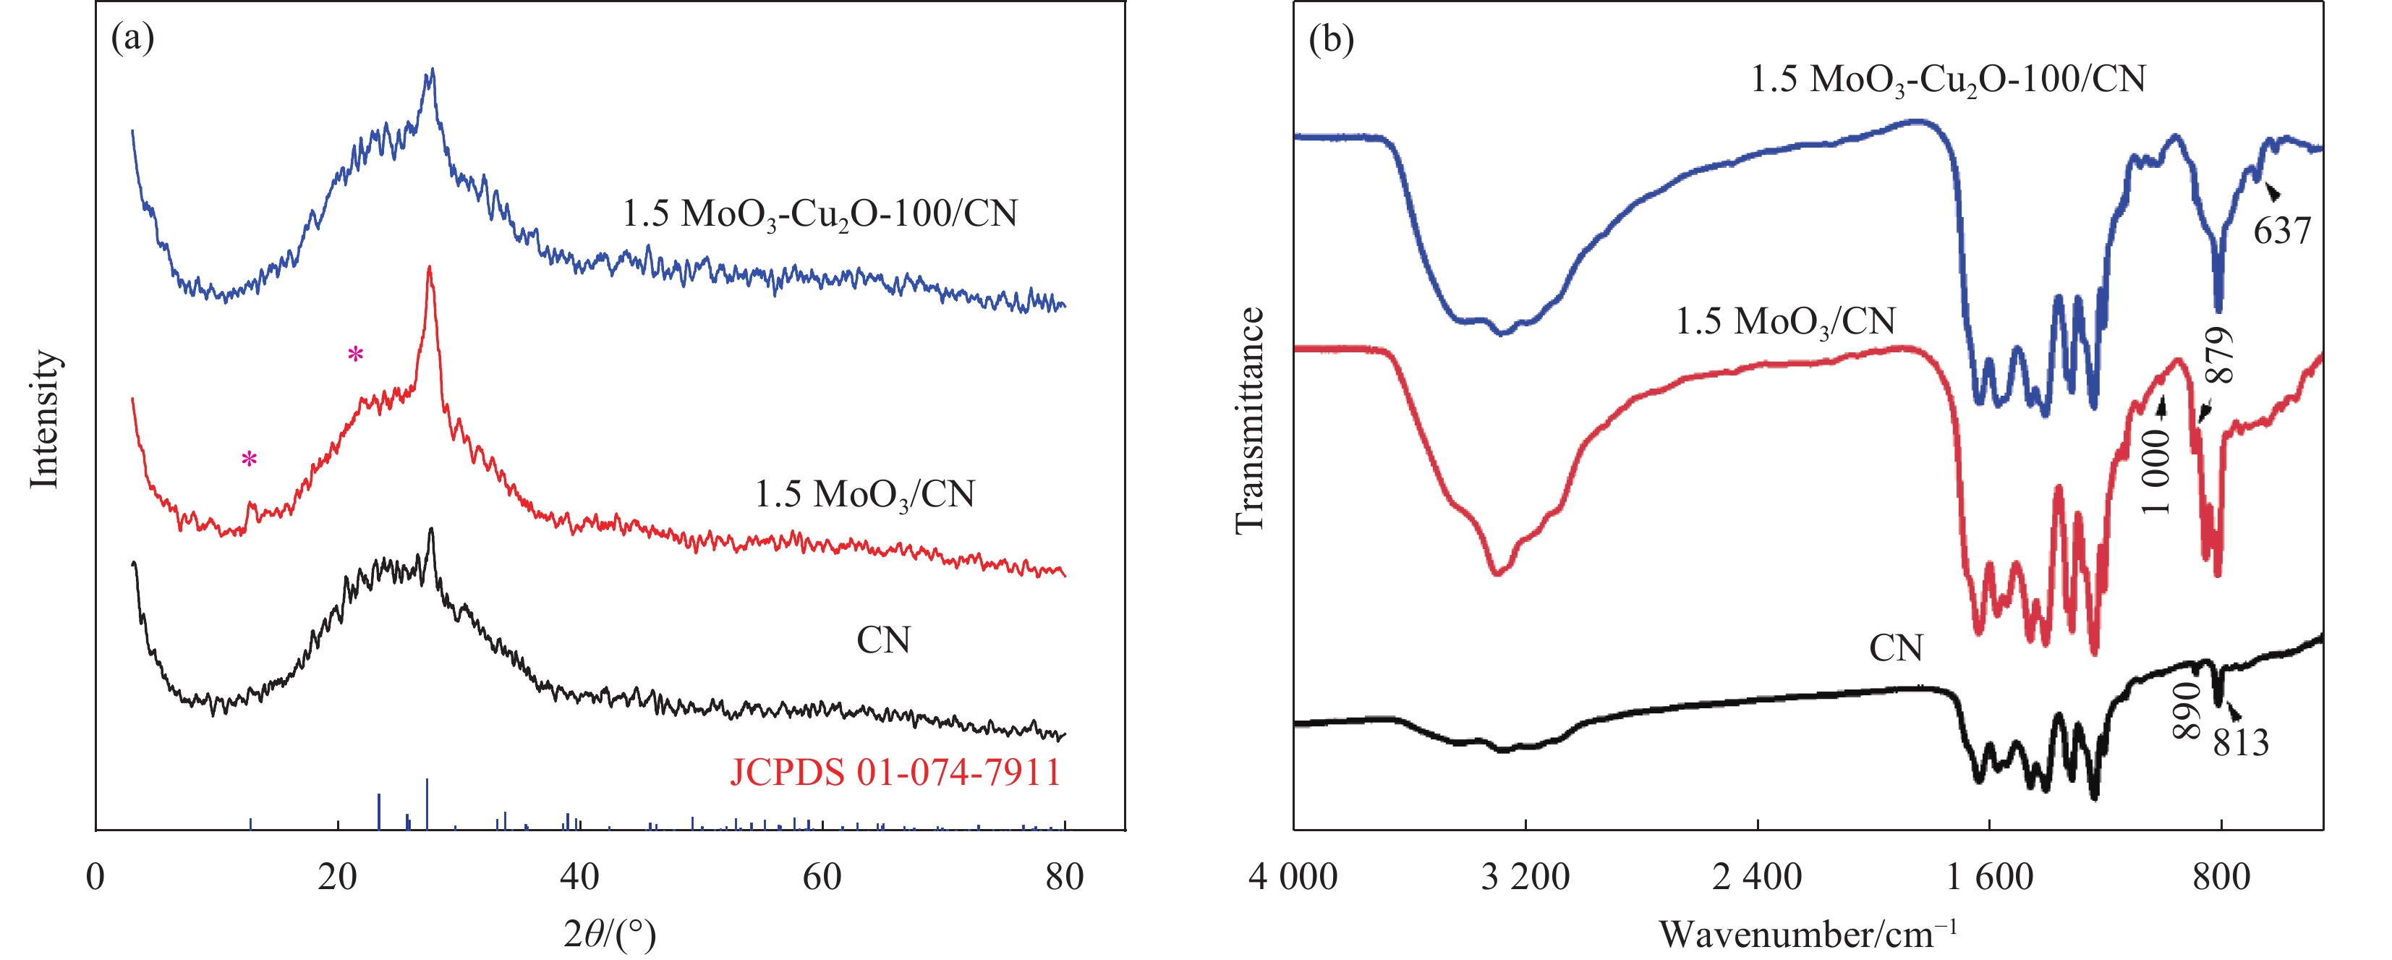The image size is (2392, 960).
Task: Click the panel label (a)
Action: click(x=132, y=39)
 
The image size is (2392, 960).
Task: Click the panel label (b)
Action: click(x=1331, y=39)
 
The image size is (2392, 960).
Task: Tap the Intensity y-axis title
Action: click(x=45, y=419)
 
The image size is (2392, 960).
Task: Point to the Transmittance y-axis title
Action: click(x=1250, y=420)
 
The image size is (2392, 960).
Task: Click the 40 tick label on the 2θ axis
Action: click(x=579, y=876)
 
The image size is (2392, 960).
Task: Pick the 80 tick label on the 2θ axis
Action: click(x=1064, y=876)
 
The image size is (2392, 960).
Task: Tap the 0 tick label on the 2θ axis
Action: click(x=95, y=876)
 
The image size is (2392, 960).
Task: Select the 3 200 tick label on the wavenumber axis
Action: click(x=1525, y=876)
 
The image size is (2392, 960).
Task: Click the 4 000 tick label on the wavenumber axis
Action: click(x=1293, y=876)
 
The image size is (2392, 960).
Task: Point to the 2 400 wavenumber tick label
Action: click(x=1757, y=876)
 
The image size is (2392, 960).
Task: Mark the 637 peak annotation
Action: click(x=2281, y=230)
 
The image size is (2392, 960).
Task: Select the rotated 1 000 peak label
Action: click(x=2156, y=472)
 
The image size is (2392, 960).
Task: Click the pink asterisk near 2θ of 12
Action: click(x=249, y=459)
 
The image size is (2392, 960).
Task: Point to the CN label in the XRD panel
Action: click(x=883, y=640)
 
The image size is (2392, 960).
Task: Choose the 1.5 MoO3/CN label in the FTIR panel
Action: click(x=1784, y=321)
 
